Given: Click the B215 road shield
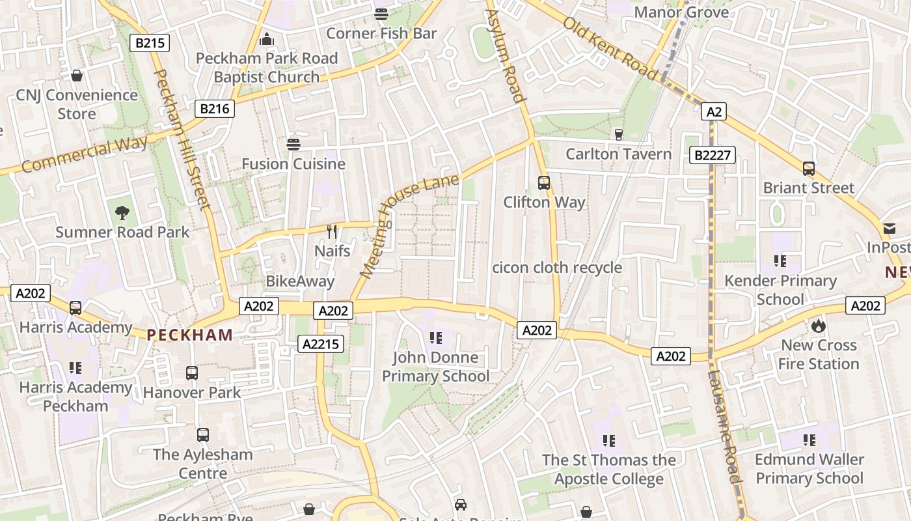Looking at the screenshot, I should coord(150,44).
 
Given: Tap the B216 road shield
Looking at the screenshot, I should coord(215,109).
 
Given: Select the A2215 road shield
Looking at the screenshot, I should coord(321,343).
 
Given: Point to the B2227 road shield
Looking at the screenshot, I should coord(713,155).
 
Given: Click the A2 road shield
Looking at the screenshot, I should coord(714,112).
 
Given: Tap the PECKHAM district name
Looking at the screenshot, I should coord(189,335).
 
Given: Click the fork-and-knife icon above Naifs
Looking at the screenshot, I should coord(332,231).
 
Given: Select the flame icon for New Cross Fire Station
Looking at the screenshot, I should coord(819,326).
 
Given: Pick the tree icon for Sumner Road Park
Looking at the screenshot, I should coord(122,212).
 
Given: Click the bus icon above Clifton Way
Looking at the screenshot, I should coord(544,183).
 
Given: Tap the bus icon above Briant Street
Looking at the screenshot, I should coord(808,169).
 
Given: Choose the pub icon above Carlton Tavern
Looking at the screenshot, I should coord(618,134).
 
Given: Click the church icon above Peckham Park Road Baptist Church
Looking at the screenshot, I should coord(267,39).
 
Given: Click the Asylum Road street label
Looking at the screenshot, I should coord(506,56).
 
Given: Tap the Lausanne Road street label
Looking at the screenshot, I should coord(724,427).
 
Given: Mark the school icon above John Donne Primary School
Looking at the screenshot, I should coord(435,338).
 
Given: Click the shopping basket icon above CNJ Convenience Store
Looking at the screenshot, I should coord(77,76).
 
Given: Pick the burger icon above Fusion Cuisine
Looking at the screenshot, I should coord(293,144).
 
